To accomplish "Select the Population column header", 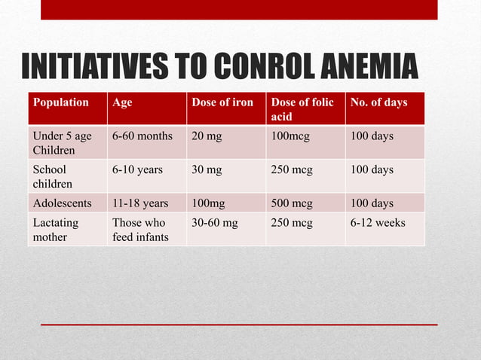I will tap(60, 102).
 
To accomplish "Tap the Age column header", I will tap(122, 102).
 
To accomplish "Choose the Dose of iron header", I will tap(222, 102).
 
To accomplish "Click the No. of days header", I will tap(377, 102).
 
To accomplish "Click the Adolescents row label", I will tap(62, 203).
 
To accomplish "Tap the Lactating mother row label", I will tap(55, 230).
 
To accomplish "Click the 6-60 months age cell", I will tap(142, 136).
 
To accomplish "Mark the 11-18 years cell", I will tap(139, 203).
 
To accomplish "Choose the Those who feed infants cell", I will tap(139, 230).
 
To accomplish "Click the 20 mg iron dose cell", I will tap(207, 136).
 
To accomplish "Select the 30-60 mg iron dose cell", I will tap(214, 223).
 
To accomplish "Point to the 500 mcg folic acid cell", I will tap(293, 203).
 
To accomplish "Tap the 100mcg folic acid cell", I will tap(290, 136).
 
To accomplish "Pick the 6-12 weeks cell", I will tap(376, 223).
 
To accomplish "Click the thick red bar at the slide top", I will tap(238, 9).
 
